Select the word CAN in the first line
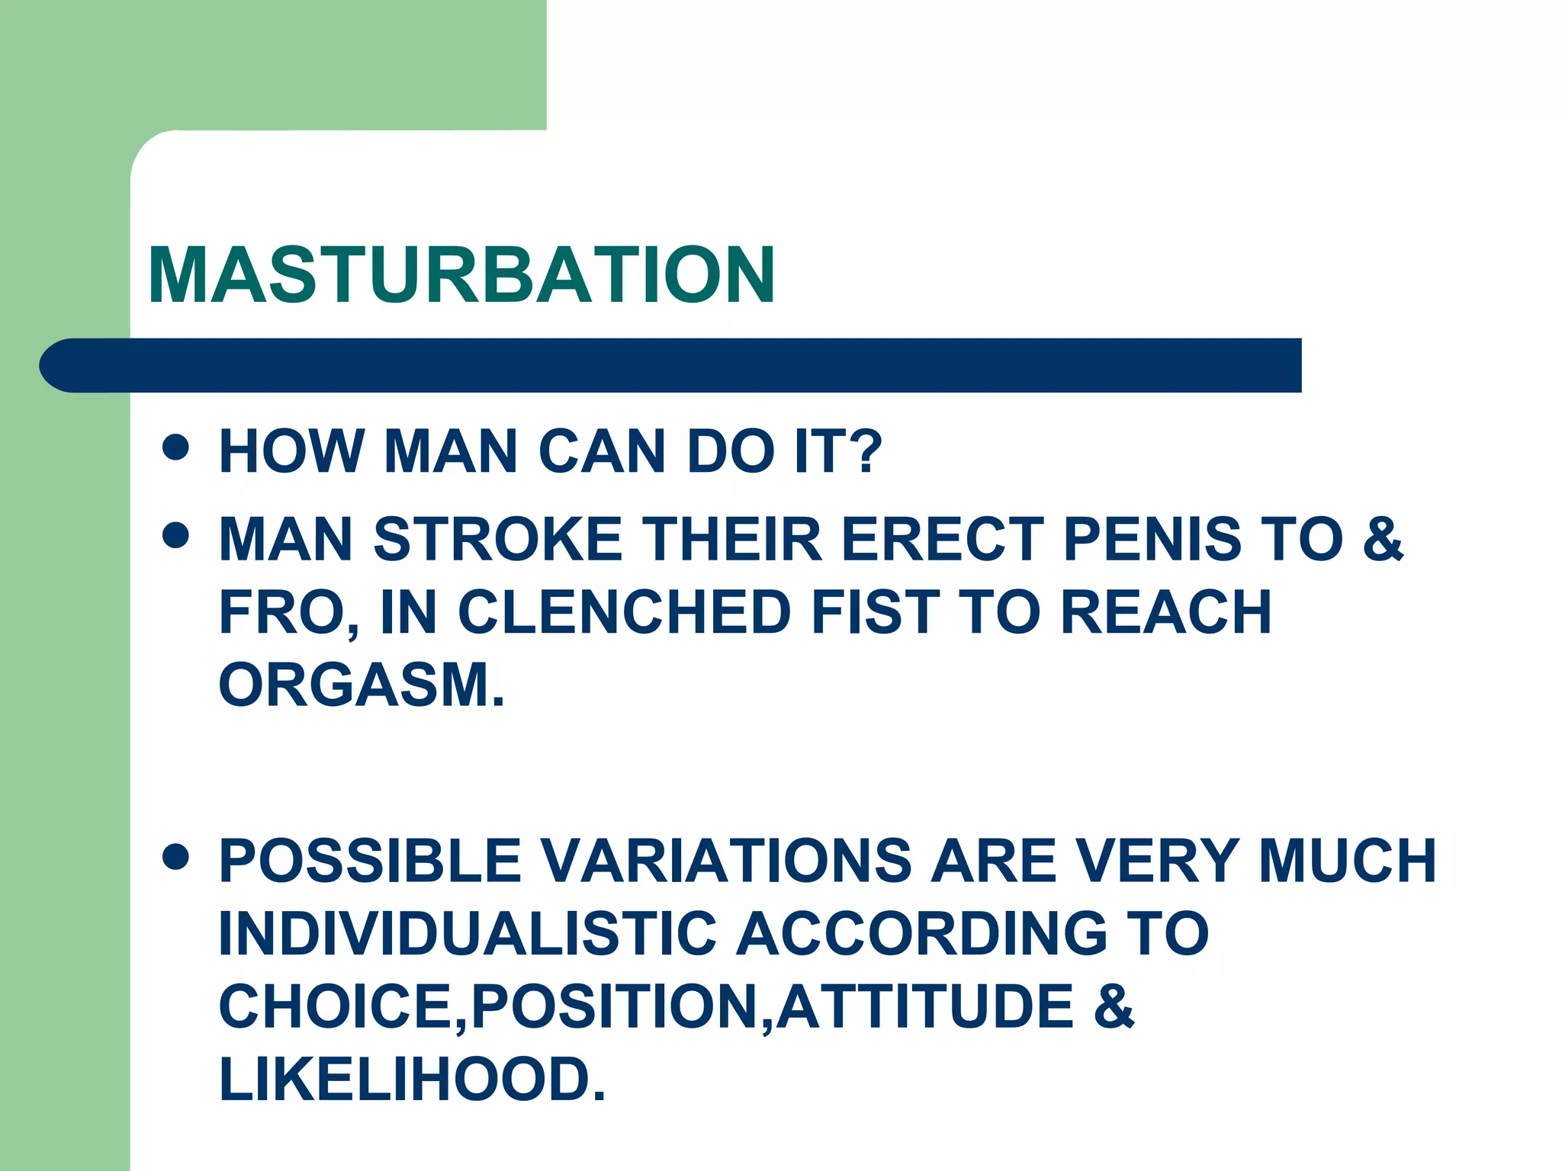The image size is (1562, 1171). pyautogui.click(x=603, y=451)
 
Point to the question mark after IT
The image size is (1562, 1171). pyautogui.click(x=866, y=451)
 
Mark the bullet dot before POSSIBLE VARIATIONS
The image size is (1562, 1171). pyautogui.click(x=176, y=856)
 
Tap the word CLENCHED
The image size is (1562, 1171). pyautogui.click(x=624, y=611)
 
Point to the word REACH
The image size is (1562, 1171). pyautogui.click(x=1165, y=611)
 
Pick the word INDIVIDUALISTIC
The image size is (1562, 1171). pyautogui.click(x=468, y=933)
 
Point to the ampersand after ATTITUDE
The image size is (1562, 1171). pyautogui.click(x=1114, y=1006)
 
